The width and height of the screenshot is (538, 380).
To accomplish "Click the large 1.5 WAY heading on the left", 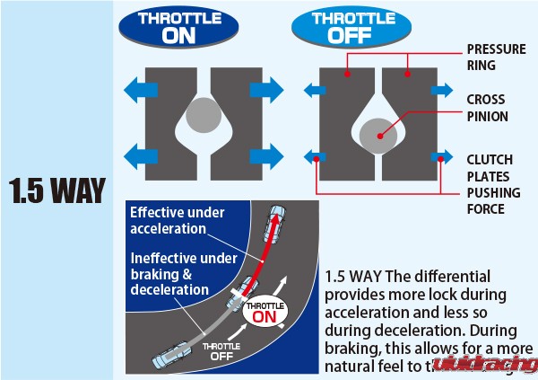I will [56, 190].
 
